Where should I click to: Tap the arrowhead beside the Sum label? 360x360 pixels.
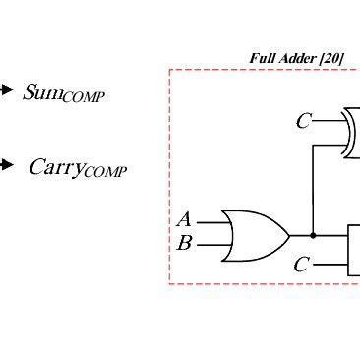pos(6,90)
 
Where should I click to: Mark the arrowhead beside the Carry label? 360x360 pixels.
pos(6,164)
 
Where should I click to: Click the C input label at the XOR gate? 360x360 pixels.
pos(303,122)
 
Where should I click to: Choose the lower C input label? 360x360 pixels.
pos(302,265)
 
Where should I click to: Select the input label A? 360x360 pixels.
pos(183,220)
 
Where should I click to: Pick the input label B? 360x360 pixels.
pos(183,243)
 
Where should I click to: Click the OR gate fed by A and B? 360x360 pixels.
pos(254,235)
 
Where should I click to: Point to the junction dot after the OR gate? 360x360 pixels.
pos(313,236)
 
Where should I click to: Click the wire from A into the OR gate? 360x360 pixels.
pos(210,222)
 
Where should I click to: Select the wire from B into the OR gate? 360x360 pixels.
pos(210,246)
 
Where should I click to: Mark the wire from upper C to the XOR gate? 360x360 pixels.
pos(329,121)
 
